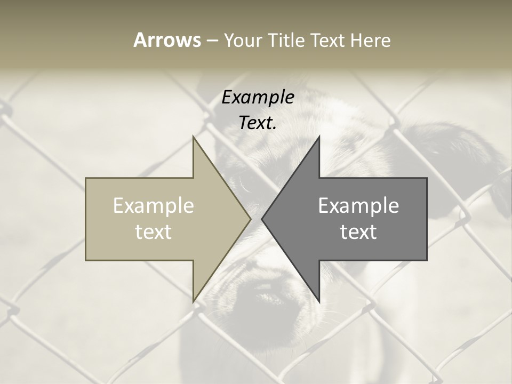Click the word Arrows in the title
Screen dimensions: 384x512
167,40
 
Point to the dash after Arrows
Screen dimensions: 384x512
212,41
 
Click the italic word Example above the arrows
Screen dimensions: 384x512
258,97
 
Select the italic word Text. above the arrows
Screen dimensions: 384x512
258,123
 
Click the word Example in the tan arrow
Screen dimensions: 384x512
154,206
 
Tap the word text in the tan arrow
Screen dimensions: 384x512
154,232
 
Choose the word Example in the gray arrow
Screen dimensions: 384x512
358,206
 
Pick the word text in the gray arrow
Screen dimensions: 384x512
358,232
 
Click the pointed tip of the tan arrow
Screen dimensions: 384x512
250,219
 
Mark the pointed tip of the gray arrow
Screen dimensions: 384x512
262,219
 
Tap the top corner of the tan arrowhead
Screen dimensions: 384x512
194,137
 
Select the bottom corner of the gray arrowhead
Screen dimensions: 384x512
319,302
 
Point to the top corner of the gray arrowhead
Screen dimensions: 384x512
319,137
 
